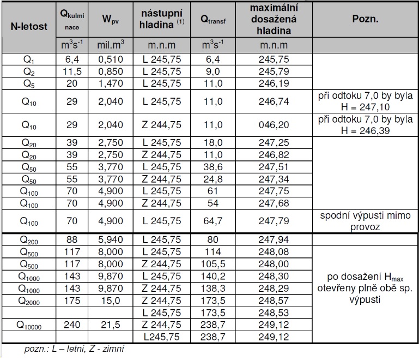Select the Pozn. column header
coord(365,19)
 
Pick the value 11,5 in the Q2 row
coord(72,71)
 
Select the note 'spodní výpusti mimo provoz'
coord(365,221)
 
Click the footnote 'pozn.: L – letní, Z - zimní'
coord(74,349)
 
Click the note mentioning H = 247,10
coord(365,101)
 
